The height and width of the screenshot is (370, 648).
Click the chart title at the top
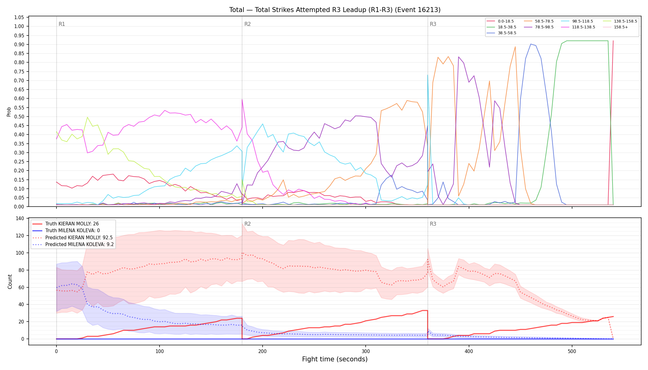click(x=335, y=10)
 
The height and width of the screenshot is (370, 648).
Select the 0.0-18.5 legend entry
click(x=500, y=21)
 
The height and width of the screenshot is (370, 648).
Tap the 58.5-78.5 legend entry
click(x=539, y=21)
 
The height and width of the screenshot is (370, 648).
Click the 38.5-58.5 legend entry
click(x=501, y=33)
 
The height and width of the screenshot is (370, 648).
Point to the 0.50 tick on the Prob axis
click(x=19, y=117)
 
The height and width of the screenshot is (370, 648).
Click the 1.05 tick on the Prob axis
click(x=19, y=17)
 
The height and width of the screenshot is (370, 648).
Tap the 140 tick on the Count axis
click(x=20, y=219)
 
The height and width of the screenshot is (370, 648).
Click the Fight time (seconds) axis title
click(x=335, y=359)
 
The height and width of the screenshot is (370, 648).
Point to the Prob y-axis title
click(x=9, y=112)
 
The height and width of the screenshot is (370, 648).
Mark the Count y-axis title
click(x=10, y=282)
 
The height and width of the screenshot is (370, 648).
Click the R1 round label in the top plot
click(x=62, y=24)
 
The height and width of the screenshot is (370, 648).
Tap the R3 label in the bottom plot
click(x=433, y=224)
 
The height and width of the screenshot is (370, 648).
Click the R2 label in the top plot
click(x=247, y=24)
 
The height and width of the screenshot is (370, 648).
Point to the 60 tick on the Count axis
click(x=21, y=287)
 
